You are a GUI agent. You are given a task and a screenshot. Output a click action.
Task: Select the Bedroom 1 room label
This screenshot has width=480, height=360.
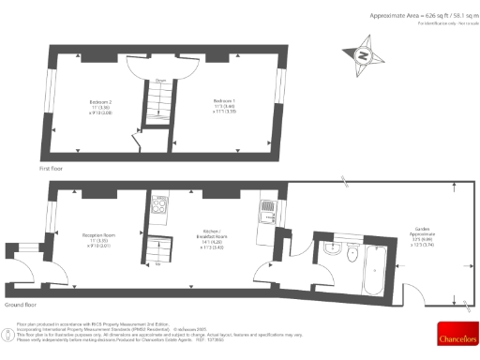click(224, 104)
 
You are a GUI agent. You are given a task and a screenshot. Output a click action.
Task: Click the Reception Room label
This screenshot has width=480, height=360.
click(97, 238)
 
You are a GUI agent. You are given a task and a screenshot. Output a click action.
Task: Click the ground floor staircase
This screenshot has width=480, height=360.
click(157, 248)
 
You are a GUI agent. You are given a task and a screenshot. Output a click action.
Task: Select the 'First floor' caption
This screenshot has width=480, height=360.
click(52, 168)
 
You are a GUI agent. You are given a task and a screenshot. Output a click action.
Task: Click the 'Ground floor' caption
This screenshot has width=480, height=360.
click(20, 305)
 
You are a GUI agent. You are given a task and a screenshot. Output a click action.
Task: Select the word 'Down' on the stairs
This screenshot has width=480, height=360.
click(161, 81)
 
